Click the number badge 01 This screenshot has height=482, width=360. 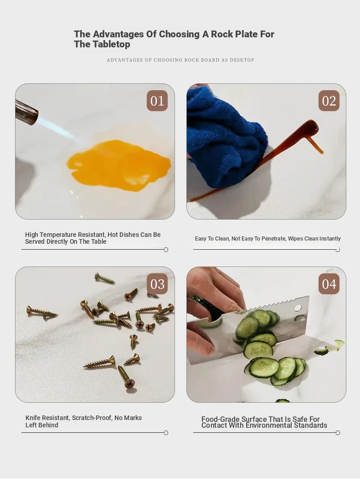[x=157, y=101]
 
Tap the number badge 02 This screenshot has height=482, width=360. [x=329, y=101]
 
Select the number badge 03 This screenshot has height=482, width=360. [x=157, y=284]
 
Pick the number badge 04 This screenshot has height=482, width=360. [x=329, y=284]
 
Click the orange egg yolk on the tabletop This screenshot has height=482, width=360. [x=118, y=164]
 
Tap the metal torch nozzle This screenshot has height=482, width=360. [x=26, y=113]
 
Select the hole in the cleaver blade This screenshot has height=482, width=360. [x=298, y=308]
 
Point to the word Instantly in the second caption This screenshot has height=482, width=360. [x=330, y=239]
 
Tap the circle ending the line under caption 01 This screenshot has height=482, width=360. [x=166, y=250]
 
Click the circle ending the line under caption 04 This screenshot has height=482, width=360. [x=338, y=433]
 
